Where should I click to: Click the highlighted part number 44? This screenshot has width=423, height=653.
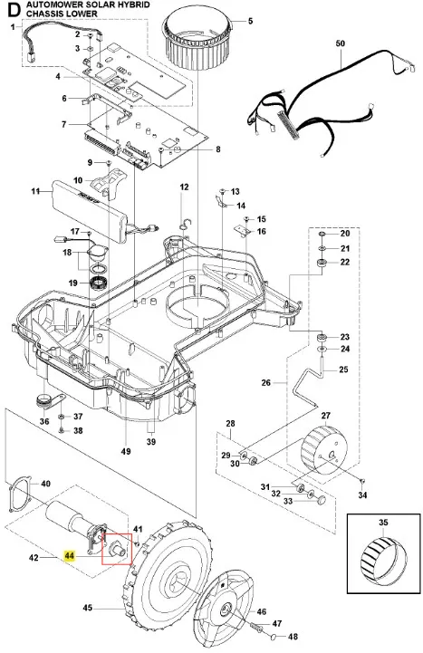[69, 556]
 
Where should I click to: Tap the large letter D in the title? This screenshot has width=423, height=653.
[14, 10]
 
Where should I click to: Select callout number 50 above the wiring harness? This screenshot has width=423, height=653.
[341, 43]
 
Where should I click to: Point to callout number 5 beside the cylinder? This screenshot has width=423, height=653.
[250, 21]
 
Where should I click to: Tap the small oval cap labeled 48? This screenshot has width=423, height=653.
[274, 636]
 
